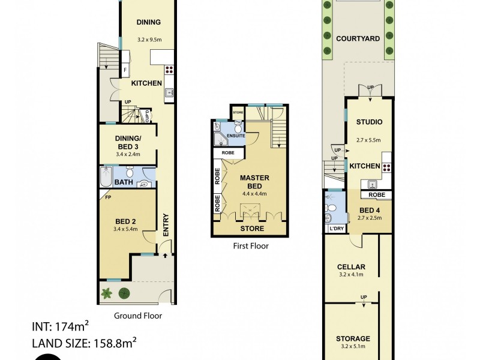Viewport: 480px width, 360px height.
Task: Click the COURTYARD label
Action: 358,38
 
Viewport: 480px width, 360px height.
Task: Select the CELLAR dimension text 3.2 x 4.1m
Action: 352,275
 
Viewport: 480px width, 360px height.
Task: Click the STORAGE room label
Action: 353,338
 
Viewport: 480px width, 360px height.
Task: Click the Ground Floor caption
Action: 137,315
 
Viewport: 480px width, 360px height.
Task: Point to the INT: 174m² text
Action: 60,328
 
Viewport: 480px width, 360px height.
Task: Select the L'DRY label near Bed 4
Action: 335,229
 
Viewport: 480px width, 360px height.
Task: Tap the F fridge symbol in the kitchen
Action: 124,70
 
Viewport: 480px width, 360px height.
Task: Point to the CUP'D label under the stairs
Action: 148,116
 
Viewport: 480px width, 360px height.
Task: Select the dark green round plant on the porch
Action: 125,293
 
